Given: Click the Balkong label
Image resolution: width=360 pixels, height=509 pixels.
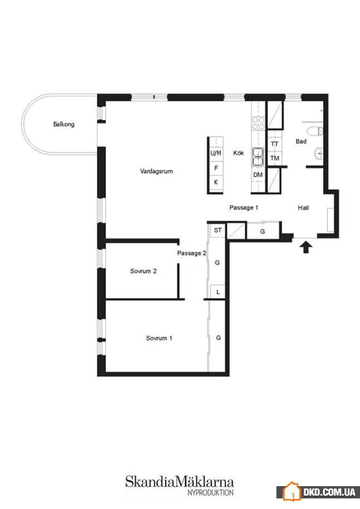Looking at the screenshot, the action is click(64, 124).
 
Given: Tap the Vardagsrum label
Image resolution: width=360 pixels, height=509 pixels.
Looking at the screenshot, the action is click(156, 172).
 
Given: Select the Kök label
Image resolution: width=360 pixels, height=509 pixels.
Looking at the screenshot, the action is click(239, 153).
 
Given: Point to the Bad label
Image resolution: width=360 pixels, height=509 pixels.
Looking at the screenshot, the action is click(301, 141).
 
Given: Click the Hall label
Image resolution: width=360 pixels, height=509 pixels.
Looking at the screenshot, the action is click(303, 208).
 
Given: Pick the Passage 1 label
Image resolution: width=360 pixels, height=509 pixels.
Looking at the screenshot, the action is click(244, 208).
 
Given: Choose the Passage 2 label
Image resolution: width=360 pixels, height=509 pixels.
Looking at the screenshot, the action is click(192, 253).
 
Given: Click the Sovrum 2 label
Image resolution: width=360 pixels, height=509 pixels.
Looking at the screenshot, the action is click(143, 271).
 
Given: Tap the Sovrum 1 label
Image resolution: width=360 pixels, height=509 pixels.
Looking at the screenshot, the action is click(159, 338).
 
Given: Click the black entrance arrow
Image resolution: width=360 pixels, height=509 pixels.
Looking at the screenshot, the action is click(306, 247).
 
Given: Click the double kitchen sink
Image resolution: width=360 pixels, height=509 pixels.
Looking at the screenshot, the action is click(258, 157).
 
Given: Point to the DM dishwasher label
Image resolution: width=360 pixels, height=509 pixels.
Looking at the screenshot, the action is click(258, 175).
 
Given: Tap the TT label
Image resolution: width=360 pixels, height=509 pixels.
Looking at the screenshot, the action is click(275, 144).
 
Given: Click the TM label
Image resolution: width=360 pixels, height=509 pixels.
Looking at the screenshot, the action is click(275, 158).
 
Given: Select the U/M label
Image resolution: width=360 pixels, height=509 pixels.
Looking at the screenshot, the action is click(216, 153).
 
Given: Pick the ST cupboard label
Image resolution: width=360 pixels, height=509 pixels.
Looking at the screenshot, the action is click(218, 230).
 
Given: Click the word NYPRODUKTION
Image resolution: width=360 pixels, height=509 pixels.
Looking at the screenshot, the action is click(211, 493).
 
